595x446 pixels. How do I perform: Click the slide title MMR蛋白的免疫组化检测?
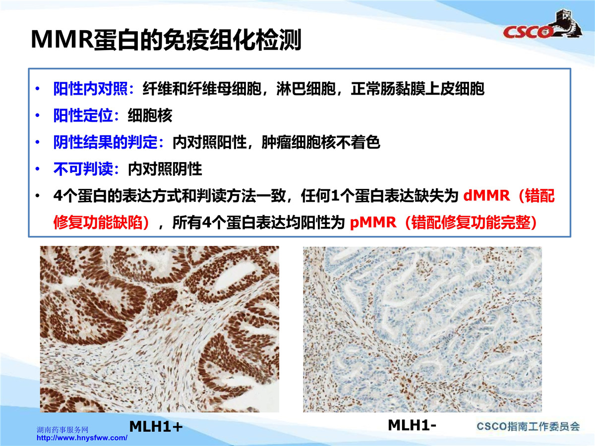tap(166, 40)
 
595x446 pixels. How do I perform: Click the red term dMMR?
tap(486, 195)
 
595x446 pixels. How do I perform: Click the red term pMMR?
tap(373, 223)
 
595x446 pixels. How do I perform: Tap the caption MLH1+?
tap(156, 427)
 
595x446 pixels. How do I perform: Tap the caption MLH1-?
tap(412, 425)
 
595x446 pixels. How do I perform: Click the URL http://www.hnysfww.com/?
tap(82, 438)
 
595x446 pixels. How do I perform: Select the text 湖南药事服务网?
tap(62, 430)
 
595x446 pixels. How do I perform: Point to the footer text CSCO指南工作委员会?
tap(528, 427)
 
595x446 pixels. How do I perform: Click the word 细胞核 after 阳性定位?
tap(150, 115)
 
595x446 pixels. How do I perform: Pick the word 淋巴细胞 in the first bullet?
tap(306, 89)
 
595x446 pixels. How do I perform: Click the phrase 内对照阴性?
tap(165, 169)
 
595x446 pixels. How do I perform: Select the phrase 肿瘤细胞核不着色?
tap(321, 142)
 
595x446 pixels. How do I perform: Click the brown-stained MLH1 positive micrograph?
tap(159, 329)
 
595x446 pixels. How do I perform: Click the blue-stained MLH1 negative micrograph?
tap(422, 329)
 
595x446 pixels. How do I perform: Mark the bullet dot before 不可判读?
tap(37, 169)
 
